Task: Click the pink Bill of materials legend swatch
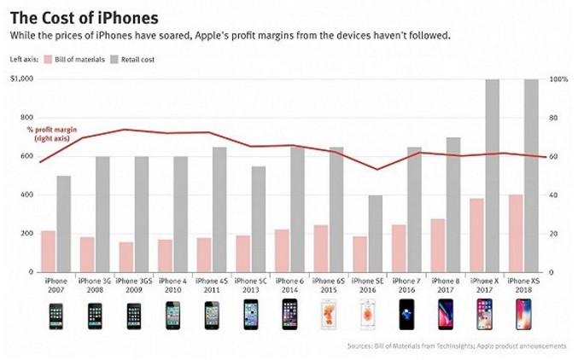[46, 59]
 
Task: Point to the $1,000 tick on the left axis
[22, 79]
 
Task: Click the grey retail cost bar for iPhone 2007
[64, 224]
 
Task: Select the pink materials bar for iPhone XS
[516, 233]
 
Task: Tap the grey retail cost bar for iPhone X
[492, 175]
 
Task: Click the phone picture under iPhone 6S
[329, 316]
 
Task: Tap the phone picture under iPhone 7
[406, 316]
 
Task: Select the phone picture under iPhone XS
[523, 316]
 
